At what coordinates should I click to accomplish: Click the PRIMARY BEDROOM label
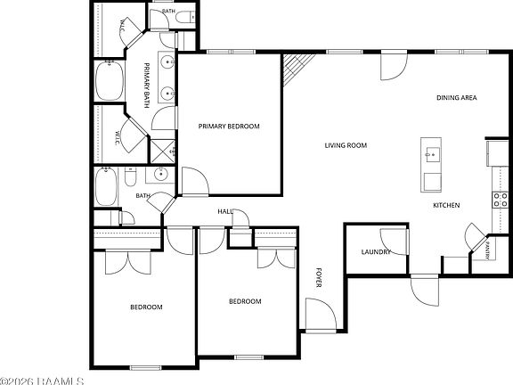229,126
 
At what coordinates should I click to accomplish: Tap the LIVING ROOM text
346,145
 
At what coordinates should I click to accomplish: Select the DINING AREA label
457,97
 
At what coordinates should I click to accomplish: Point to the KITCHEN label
446,205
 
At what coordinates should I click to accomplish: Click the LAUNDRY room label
376,251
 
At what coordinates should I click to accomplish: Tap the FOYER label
319,278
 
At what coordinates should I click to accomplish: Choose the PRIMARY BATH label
147,86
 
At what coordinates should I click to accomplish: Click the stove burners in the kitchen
501,200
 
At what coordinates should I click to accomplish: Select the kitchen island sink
433,154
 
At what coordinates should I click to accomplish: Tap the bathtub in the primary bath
110,80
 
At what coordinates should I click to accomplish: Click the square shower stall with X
163,151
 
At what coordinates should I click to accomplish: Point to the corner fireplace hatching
297,68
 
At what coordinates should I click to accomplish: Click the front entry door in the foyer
321,315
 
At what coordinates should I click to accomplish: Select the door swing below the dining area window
394,66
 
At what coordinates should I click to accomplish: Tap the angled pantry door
476,236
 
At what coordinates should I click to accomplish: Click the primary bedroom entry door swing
195,182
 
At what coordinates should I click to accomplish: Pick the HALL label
225,212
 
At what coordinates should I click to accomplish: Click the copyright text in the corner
42,381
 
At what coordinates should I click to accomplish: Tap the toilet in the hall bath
130,177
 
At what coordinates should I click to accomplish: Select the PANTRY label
487,250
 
